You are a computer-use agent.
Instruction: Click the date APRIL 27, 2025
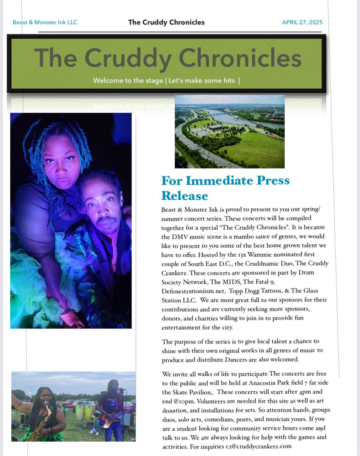[302, 22]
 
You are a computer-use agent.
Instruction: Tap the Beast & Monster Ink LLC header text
[45, 22]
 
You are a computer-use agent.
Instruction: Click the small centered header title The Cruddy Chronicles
[166, 22]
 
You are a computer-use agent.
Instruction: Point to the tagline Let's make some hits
[202, 81]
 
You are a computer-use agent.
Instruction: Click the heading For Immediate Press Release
[225, 188]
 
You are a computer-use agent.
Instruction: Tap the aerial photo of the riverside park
[229, 131]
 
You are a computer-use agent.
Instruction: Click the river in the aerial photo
[240, 119]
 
